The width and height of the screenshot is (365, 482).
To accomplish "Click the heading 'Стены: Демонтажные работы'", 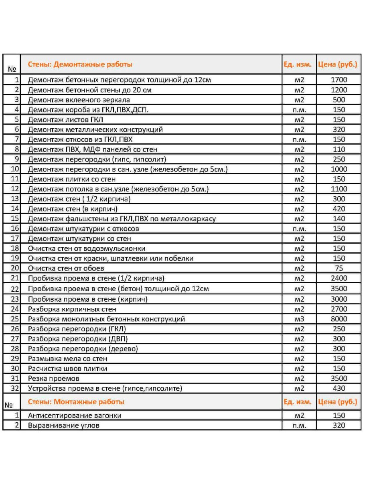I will [80, 64].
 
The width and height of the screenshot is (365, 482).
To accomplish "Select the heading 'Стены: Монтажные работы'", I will [76, 401].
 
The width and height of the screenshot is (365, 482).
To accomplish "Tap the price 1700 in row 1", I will [339, 80].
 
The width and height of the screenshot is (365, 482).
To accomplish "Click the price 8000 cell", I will [339, 319].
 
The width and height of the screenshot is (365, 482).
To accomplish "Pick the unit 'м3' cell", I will [299, 319].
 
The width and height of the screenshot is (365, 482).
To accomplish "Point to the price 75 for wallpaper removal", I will [339, 268].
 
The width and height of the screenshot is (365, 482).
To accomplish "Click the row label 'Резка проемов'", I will [53, 378].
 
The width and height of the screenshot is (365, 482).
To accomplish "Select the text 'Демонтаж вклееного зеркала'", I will [79, 100].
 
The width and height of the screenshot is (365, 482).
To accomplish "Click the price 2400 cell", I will [339, 278].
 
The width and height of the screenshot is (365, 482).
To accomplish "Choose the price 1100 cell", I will [339, 189].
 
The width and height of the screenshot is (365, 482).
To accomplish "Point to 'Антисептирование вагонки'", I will [75, 415].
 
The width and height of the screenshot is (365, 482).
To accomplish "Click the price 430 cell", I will [339, 388].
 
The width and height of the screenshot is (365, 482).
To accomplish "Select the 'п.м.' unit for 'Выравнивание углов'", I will [299, 426].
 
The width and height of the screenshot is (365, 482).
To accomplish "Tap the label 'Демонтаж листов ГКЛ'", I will [66, 119].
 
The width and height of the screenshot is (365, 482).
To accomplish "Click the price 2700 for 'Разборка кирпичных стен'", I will [339, 309].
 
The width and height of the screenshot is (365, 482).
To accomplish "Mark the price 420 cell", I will [339, 209].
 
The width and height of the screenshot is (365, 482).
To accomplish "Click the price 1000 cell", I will [339, 169].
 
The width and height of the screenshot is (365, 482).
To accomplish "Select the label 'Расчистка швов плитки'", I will [67, 368].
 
